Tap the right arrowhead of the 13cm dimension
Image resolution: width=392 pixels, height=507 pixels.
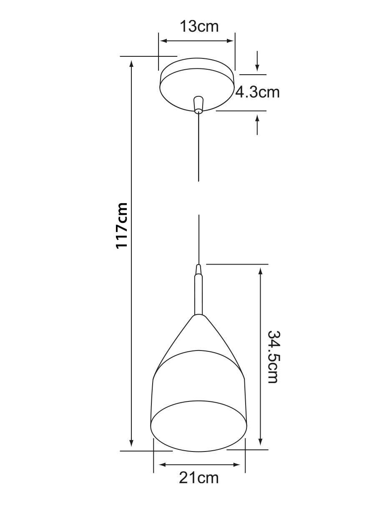pos(230,41)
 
